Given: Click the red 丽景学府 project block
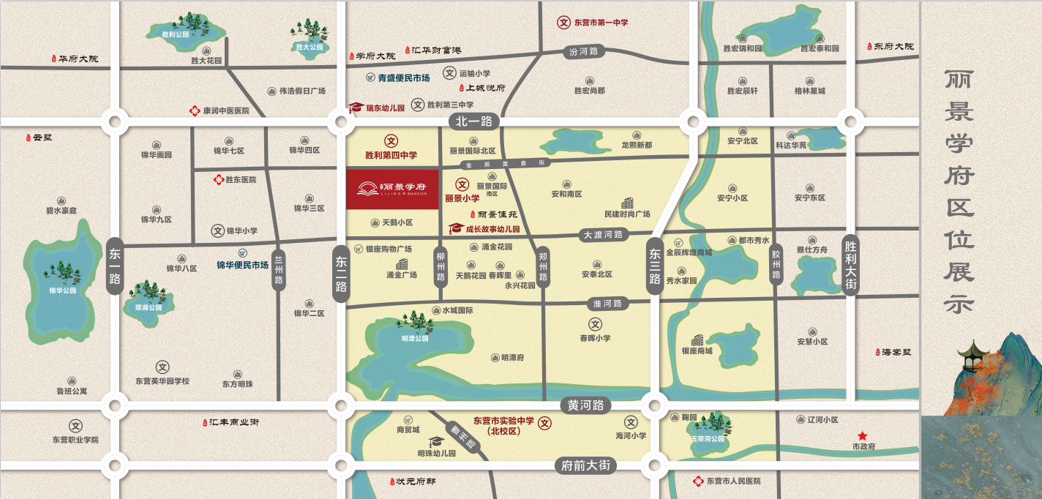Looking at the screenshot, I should pyautogui.click(x=392, y=190).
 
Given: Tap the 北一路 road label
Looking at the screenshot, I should pyautogui.click(x=473, y=121).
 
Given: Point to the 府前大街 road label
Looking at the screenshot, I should pyautogui.click(x=585, y=465).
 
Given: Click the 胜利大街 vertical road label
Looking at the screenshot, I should pyautogui.click(x=850, y=264).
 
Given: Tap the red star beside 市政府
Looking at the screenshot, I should pyautogui.click(x=863, y=436).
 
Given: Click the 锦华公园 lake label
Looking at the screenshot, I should pyautogui.click(x=62, y=290).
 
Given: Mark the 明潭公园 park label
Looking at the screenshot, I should pyautogui.click(x=415, y=339).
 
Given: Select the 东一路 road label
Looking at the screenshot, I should pyautogui.click(x=115, y=266).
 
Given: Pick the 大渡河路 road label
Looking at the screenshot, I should pyautogui.click(x=603, y=235).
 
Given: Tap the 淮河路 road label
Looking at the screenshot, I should pyautogui.click(x=607, y=304).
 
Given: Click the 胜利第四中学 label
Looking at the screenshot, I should pyautogui.click(x=391, y=155).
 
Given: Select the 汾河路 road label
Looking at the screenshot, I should pyautogui.click(x=583, y=51).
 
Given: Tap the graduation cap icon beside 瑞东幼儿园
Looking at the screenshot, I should pyautogui.click(x=356, y=108).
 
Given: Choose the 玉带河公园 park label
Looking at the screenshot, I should pyautogui.click(x=708, y=439).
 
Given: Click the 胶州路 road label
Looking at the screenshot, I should pyautogui.click(x=776, y=264).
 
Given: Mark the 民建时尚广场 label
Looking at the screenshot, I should pyautogui.click(x=627, y=214).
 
